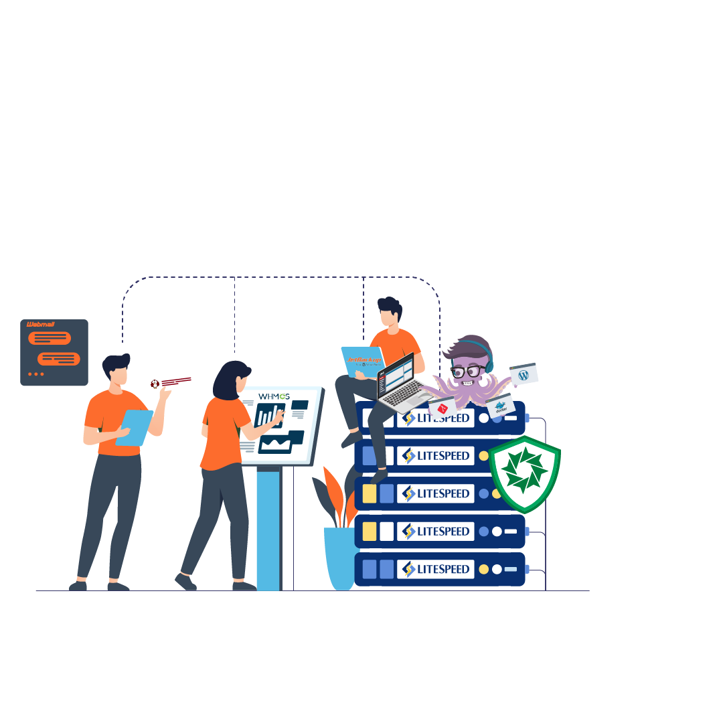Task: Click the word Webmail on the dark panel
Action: [41, 325]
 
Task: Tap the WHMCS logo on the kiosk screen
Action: [274, 396]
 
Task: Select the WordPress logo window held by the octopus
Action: [524, 375]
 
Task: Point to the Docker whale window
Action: [500, 406]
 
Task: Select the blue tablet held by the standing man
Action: [134, 427]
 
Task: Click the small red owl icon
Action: [155, 384]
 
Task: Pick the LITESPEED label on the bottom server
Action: [436, 569]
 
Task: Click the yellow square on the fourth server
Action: [369, 532]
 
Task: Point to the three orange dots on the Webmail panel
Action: [36, 374]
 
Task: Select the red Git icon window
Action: [443, 407]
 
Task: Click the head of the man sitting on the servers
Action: [390, 311]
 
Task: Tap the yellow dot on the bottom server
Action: [484, 570]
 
